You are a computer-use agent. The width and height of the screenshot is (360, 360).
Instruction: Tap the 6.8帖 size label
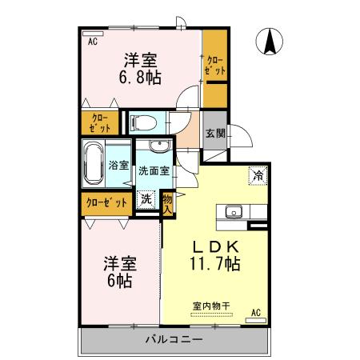[139, 78]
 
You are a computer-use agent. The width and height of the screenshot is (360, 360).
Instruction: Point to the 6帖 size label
[117, 281]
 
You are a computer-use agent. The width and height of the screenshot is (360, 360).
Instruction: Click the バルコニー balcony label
[174, 339]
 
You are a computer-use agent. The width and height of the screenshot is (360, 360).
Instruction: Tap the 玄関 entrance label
[214, 134]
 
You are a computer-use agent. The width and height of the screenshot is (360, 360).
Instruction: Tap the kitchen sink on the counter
[234, 212]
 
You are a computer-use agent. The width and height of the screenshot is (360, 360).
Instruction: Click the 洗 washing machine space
[147, 199]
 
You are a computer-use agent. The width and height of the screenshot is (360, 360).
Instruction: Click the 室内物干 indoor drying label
[210, 305]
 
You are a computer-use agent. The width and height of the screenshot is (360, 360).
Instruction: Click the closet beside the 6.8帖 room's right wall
[214, 67]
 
